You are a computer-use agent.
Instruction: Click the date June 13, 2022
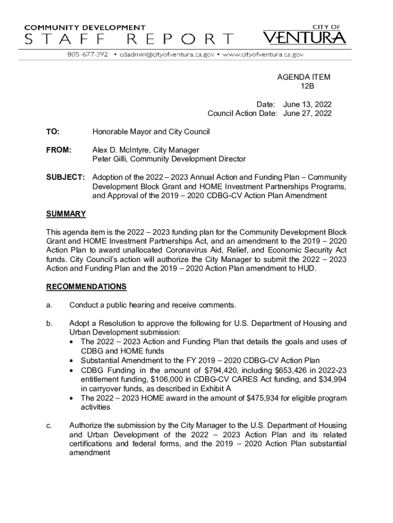307,104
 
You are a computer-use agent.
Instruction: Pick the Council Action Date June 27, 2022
307,113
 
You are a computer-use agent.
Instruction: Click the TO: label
53,132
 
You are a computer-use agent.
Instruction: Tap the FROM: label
59,150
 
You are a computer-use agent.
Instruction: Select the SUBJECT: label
65,177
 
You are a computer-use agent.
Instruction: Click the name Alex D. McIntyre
124,150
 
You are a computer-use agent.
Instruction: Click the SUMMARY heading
66,213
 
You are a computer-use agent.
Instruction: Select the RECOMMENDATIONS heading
86,287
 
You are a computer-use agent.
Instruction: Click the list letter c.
48,425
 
